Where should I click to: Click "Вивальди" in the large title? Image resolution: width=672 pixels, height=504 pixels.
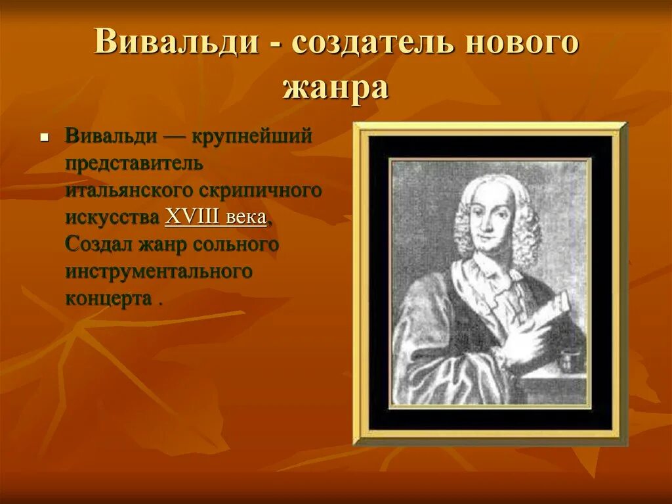pos(176,42)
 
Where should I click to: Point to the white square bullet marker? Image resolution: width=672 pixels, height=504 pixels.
pos(43,139)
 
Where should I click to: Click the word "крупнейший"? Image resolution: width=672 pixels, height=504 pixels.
pos(251,137)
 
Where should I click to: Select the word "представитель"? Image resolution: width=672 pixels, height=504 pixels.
pos(134,164)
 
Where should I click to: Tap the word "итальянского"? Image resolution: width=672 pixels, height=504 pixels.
pos(129,190)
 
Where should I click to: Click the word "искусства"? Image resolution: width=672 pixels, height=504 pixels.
pos(113,218)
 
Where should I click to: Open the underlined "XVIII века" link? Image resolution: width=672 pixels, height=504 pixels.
pos(215,218)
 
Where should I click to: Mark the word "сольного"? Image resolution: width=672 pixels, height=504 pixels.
pos(236,244)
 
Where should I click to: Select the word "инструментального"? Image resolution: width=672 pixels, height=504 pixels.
pos(158,271)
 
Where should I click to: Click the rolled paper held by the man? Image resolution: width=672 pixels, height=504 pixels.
pos(552,312)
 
